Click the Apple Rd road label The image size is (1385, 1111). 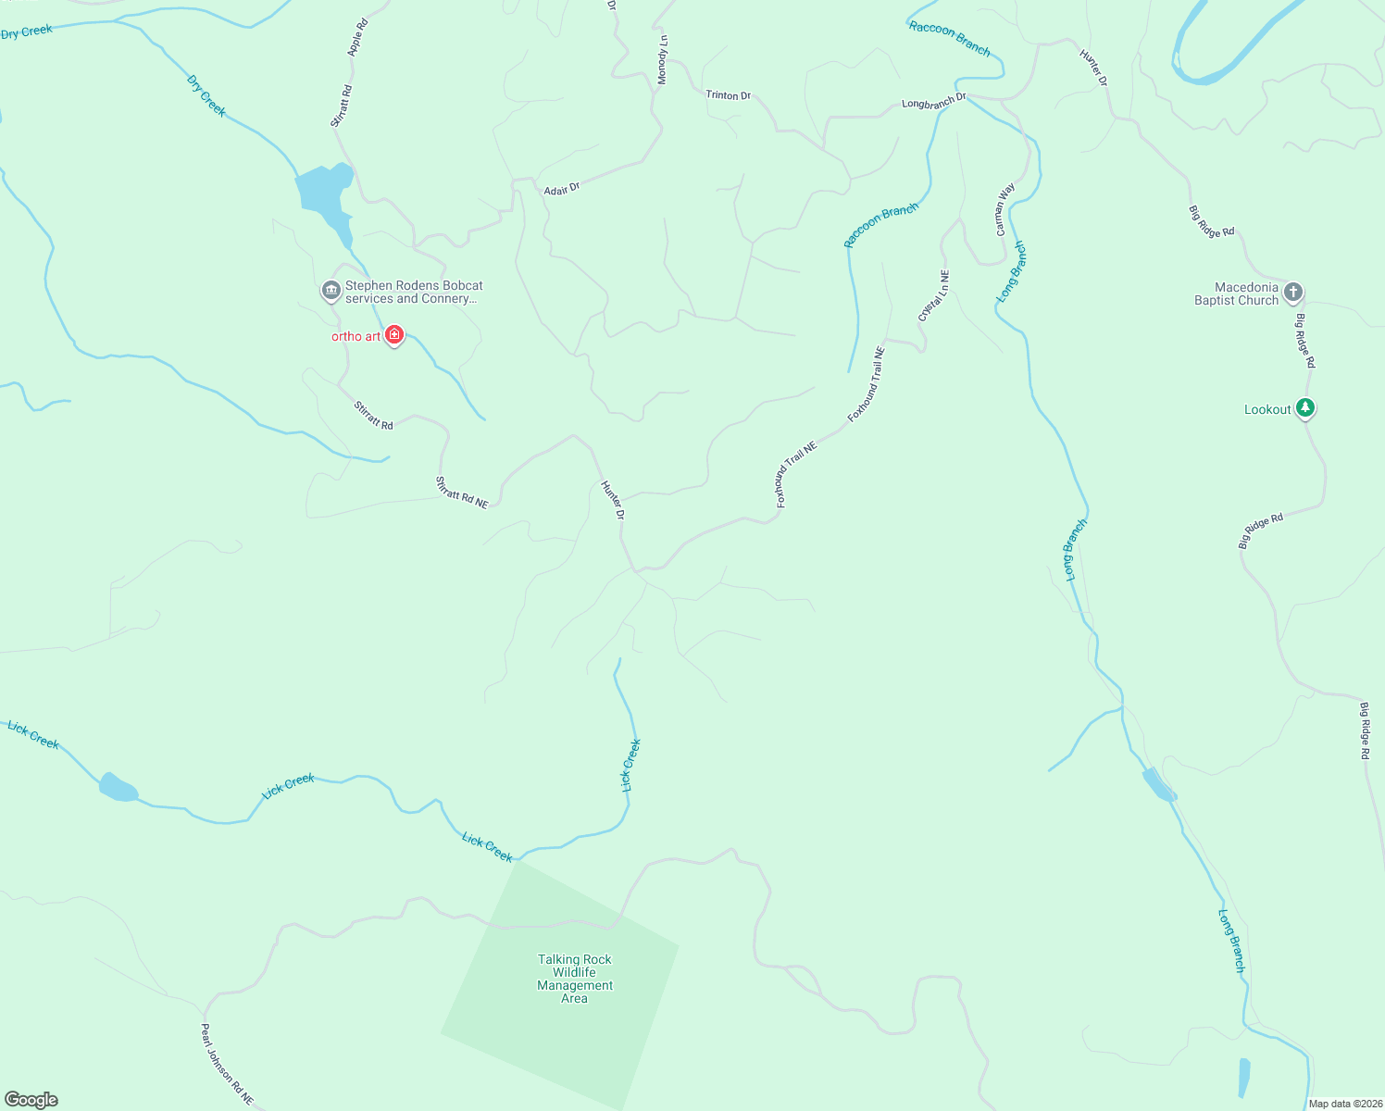click(357, 37)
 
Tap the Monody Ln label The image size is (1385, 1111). click(662, 60)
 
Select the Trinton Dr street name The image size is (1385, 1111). click(728, 95)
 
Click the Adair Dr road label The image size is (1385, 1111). click(562, 189)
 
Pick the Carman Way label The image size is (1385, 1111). click(1004, 209)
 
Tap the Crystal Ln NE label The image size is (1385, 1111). click(933, 296)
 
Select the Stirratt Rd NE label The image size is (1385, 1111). click(462, 493)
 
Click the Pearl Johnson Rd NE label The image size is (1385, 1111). click(227, 1065)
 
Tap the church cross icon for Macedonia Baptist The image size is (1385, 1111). click(1293, 293)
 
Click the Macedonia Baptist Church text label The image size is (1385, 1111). click(1237, 293)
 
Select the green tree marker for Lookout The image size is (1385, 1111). click(1305, 407)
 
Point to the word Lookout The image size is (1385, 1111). click(1267, 409)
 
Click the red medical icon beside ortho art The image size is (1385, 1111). click(394, 334)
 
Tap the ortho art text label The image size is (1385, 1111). click(356, 336)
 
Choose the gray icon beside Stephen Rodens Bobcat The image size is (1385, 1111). click(331, 291)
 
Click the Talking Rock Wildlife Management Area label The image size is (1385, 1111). click(575, 979)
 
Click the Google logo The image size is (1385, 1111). click(31, 1100)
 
